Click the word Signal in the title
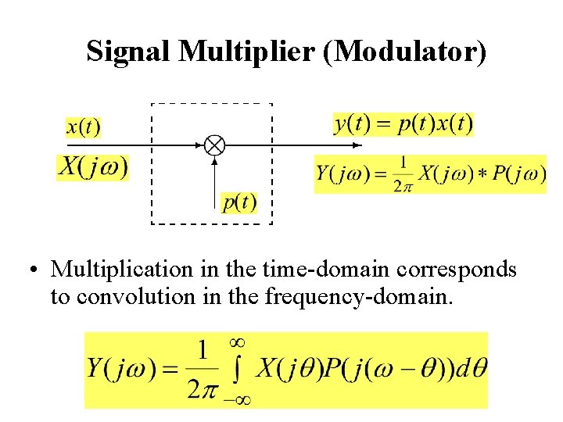pyautogui.click(x=129, y=52)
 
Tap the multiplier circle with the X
pyautogui.click(x=214, y=145)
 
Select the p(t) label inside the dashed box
pyautogui.click(x=239, y=202)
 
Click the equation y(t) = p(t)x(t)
pyautogui.click(x=403, y=123)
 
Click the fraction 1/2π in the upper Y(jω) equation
pyautogui.click(x=402, y=173)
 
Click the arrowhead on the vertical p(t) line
pyautogui.click(x=214, y=162)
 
